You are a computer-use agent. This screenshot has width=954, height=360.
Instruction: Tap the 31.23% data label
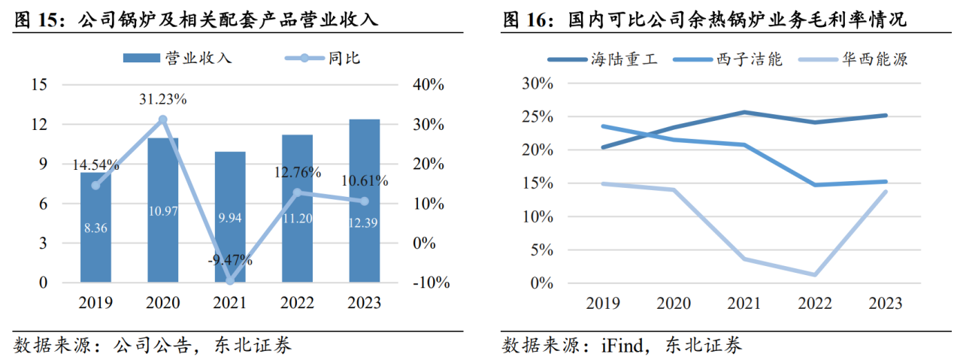coord(162,99)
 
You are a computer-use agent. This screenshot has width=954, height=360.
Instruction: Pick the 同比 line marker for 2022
coord(297,192)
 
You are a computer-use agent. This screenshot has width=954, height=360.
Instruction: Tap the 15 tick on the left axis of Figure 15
coord(39,85)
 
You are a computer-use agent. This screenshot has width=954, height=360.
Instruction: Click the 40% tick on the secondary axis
coord(429,85)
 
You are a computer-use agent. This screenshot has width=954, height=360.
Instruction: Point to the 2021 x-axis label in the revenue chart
coord(230,303)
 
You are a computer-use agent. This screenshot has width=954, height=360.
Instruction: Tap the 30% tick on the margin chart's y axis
coord(537,84)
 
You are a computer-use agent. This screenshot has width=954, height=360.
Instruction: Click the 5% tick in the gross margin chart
coord(541,250)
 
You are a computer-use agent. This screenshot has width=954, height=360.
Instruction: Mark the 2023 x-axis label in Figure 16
coord(885,303)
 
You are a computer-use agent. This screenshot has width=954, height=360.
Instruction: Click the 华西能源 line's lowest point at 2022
coord(814,274)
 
